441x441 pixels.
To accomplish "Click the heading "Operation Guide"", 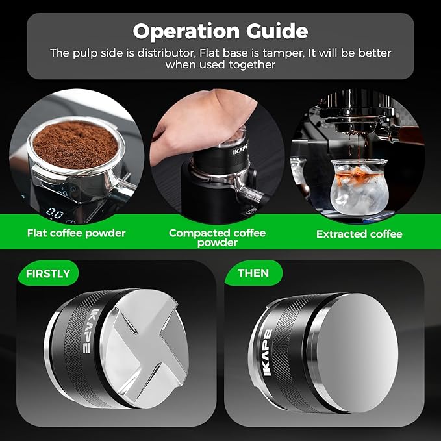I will coord(220,31).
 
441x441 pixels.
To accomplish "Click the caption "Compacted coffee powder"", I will coord(217,237).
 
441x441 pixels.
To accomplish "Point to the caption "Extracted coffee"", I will coord(359,234).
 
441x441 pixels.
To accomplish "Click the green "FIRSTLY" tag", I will coord(47,273).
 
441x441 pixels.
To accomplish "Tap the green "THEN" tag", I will coord(253,273).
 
